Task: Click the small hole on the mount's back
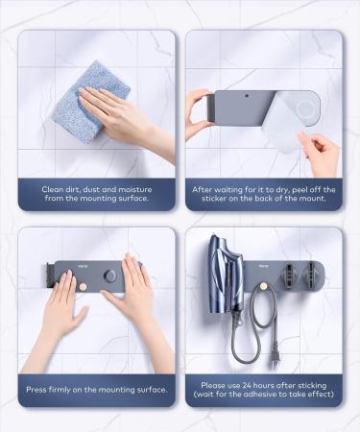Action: tap(247, 96)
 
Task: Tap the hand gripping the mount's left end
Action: tap(200, 113)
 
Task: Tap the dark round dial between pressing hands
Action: tap(110, 276)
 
